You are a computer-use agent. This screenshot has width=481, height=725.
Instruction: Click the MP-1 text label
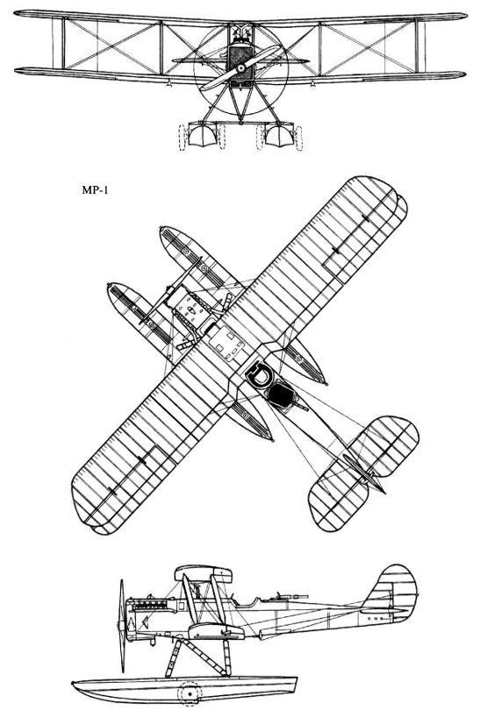click(x=95, y=190)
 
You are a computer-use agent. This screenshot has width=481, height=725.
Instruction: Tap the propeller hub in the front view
click(x=241, y=68)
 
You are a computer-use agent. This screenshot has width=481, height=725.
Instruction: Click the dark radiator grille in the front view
click(x=240, y=60)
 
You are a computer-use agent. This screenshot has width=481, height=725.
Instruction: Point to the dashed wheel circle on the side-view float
click(x=190, y=693)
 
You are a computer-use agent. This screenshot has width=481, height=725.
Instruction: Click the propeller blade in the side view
click(x=122, y=626)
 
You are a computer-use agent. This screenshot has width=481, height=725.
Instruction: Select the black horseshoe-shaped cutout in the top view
click(x=258, y=373)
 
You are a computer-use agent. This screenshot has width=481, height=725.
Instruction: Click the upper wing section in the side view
click(x=203, y=574)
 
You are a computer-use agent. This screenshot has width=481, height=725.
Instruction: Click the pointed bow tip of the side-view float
click(x=73, y=684)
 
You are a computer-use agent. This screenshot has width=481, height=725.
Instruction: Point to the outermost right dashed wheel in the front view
click(x=299, y=138)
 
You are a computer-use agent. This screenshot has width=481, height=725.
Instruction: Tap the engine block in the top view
click(x=190, y=307)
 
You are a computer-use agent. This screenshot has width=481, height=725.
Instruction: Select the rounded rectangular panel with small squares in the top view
click(x=226, y=343)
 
